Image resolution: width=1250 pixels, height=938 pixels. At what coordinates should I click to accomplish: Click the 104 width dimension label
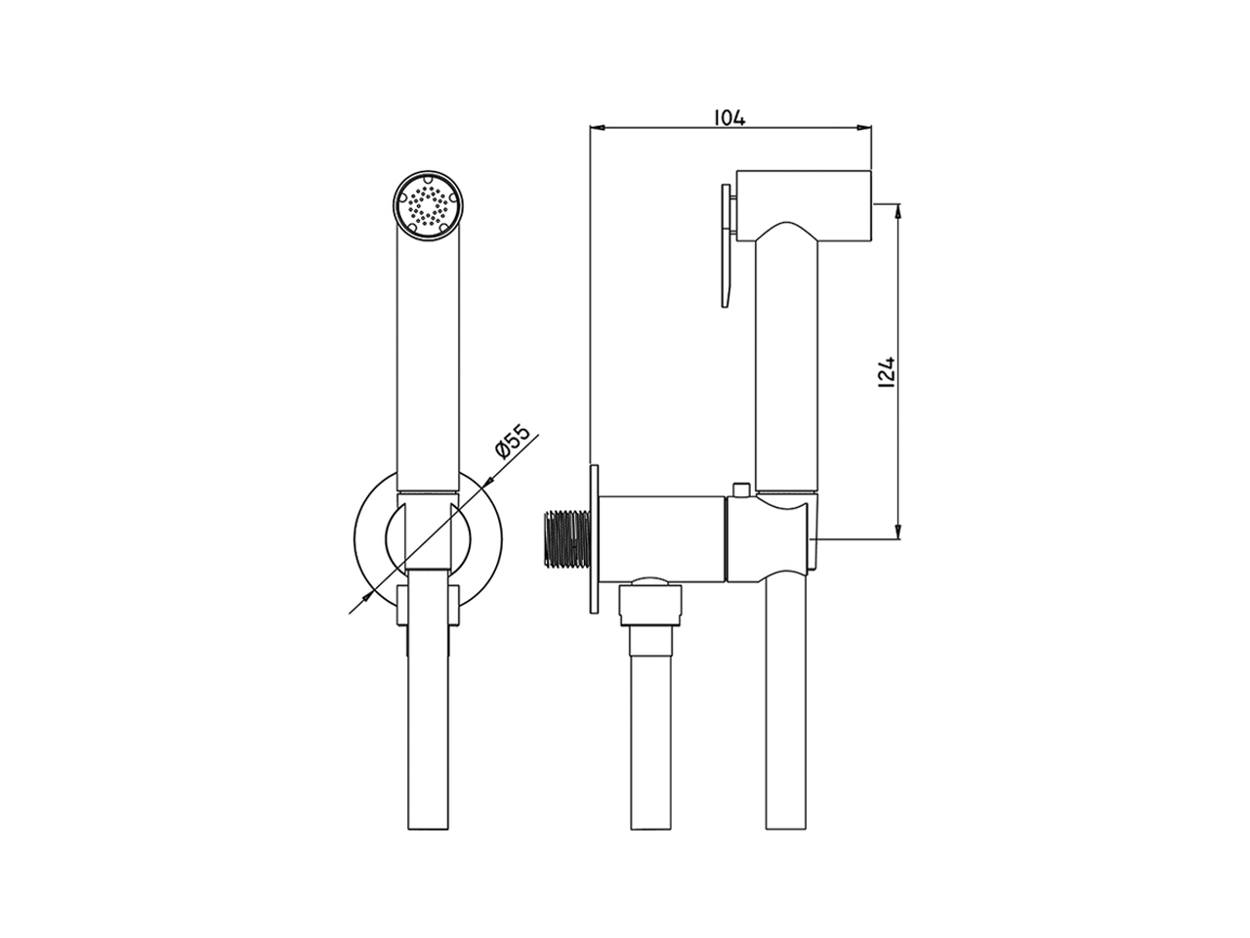pos(729,118)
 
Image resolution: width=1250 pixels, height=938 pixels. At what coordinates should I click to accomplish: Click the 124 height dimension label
pos(888,373)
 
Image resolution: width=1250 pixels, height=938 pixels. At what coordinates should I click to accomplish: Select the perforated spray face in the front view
pos(428,205)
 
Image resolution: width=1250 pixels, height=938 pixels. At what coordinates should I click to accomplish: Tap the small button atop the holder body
pos(740,490)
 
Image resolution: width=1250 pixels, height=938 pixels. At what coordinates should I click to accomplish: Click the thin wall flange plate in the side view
pos(595,539)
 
